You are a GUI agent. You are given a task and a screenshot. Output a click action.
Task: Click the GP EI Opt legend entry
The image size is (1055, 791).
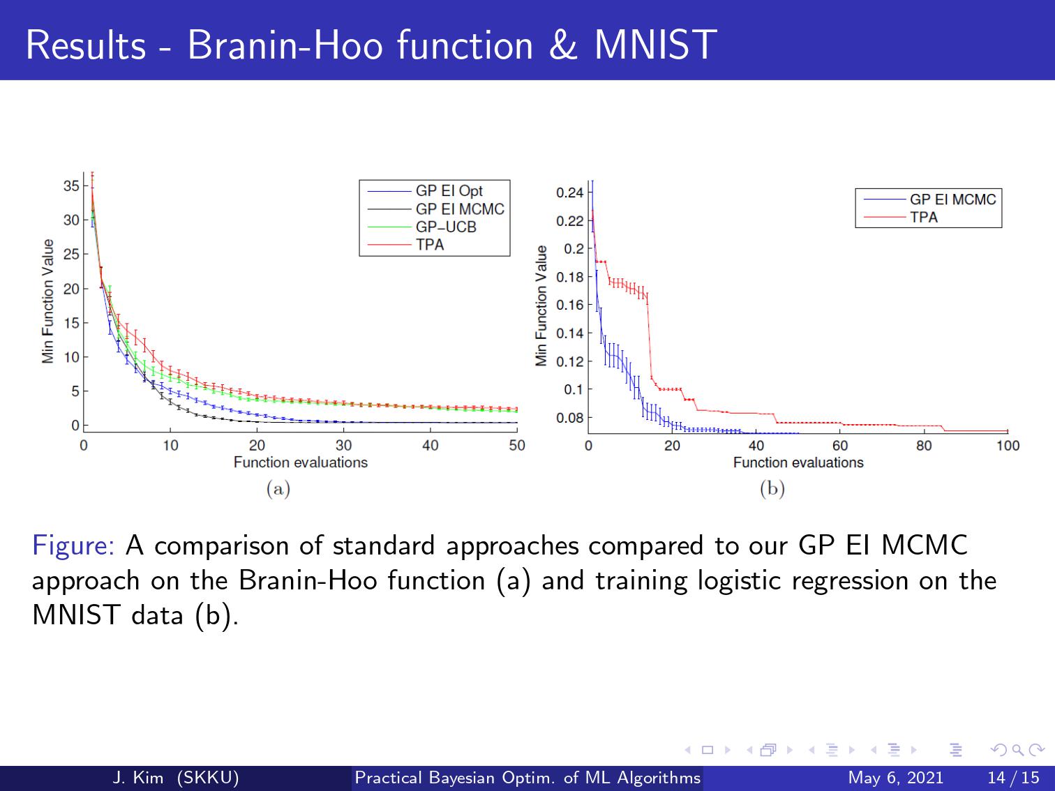(x=425, y=191)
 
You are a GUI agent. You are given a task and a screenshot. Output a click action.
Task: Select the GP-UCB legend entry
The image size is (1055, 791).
(x=421, y=227)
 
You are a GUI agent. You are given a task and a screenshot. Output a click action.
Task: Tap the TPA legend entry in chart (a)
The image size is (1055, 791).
(x=405, y=245)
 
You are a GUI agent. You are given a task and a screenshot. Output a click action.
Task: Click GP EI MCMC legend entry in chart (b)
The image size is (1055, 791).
(x=929, y=199)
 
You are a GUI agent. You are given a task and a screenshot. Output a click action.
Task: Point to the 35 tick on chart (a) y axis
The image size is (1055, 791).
(x=71, y=186)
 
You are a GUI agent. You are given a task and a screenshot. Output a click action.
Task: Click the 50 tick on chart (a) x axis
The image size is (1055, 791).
(x=517, y=446)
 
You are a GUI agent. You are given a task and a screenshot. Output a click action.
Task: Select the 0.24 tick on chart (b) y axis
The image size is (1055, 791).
(x=569, y=193)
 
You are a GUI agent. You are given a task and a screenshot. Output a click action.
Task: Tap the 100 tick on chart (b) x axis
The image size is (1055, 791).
(x=1008, y=446)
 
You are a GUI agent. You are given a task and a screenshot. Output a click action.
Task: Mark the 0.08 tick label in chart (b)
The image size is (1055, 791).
(x=569, y=418)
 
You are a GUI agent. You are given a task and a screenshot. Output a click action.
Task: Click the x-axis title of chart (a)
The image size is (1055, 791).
(x=301, y=462)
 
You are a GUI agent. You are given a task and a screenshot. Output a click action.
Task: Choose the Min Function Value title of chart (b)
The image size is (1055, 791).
(x=541, y=306)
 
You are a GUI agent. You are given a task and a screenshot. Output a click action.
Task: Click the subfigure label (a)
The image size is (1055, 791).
(x=278, y=489)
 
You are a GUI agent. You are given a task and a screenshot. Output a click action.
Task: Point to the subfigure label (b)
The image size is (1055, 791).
(x=772, y=489)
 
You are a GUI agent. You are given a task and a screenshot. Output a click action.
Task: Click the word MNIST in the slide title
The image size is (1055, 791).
(x=656, y=45)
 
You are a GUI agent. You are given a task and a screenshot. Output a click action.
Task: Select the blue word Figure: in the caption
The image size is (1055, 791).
(x=73, y=546)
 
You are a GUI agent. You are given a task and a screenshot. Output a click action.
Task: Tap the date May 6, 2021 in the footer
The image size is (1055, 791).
(x=895, y=778)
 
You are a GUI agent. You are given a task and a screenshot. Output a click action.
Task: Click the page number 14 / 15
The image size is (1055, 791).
(x=1013, y=778)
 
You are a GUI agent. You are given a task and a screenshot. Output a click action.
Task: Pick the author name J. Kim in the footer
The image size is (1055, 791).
(x=138, y=778)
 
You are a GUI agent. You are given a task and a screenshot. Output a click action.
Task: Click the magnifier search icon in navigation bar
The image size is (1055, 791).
(x=1017, y=750)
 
